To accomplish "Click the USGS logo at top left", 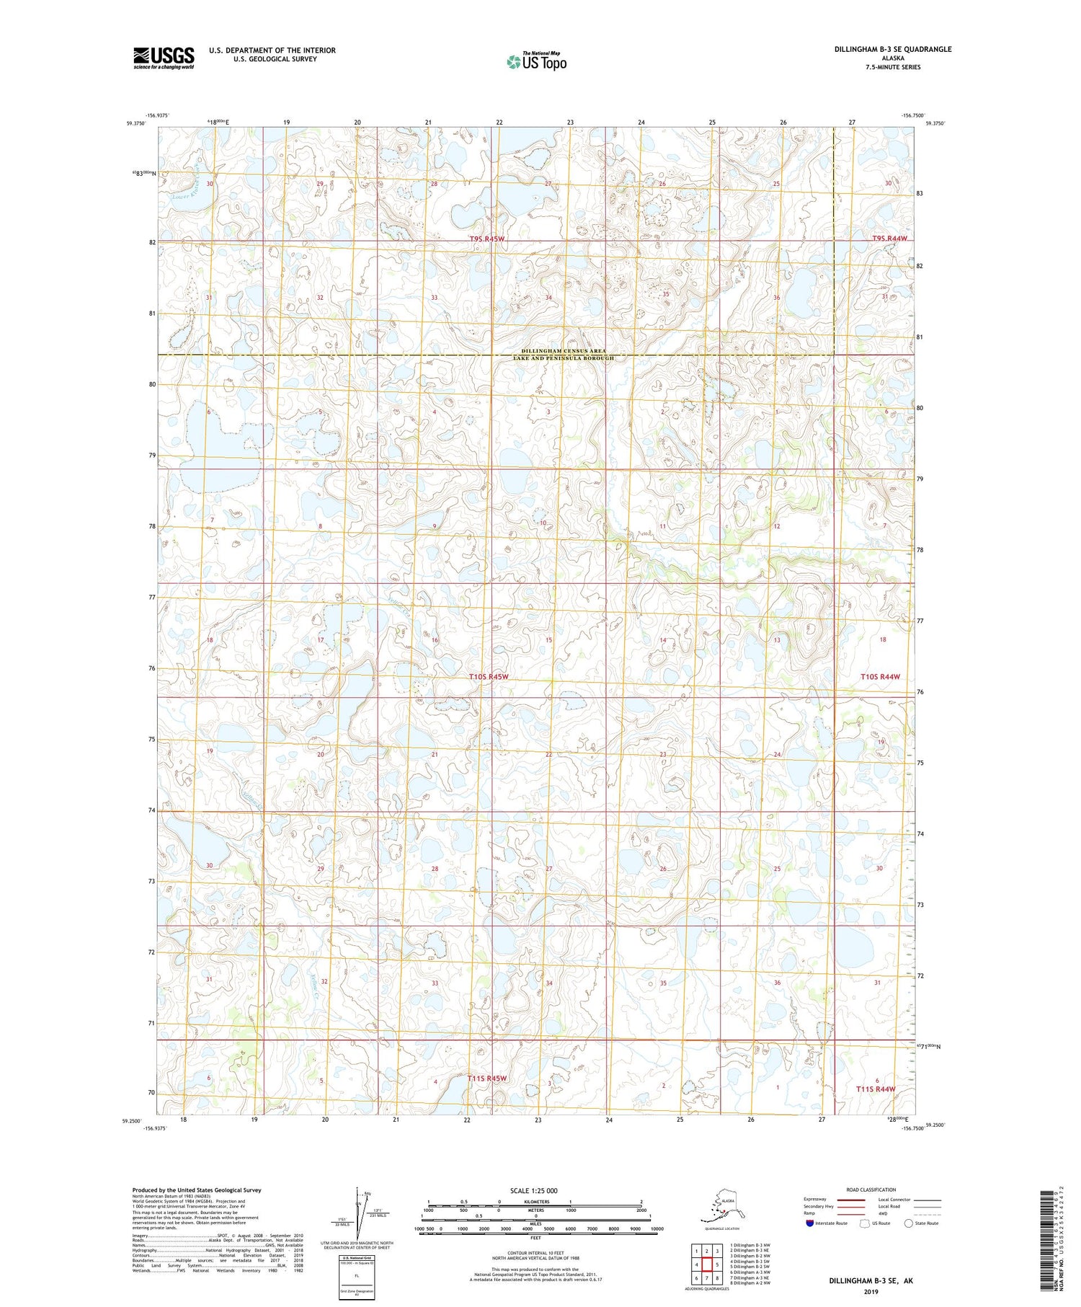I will tap(164, 58).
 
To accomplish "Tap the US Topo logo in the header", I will tap(537, 61).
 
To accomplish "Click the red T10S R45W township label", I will tap(489, 677).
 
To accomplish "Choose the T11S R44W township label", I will tap(876, 1089).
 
